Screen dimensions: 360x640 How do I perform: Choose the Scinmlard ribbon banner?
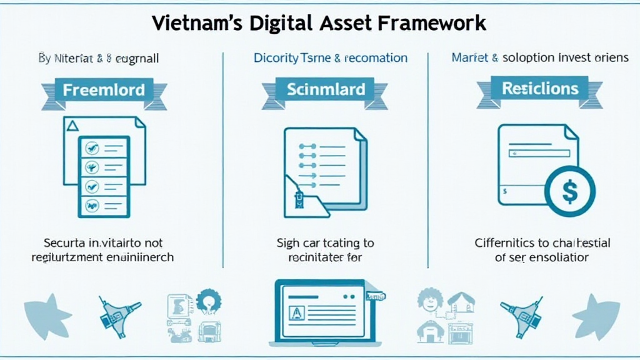(x=325, y=89)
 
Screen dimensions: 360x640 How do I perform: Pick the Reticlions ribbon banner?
(x=540, y=89)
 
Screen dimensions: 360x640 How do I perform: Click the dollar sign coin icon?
(x=570, y=191)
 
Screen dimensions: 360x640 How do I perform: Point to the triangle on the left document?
(x=72, y=126)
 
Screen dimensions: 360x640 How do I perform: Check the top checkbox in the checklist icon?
(x=92, y=148)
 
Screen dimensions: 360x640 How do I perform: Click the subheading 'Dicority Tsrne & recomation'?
(x=330, y=58)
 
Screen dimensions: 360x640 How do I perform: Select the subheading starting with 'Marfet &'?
(x=539, y=58)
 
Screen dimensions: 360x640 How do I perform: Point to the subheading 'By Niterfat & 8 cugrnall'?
(x=99, y=59)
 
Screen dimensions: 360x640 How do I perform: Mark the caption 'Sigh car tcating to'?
(x=325, y=243)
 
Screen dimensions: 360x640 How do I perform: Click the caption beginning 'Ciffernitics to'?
(x=542, y=243)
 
